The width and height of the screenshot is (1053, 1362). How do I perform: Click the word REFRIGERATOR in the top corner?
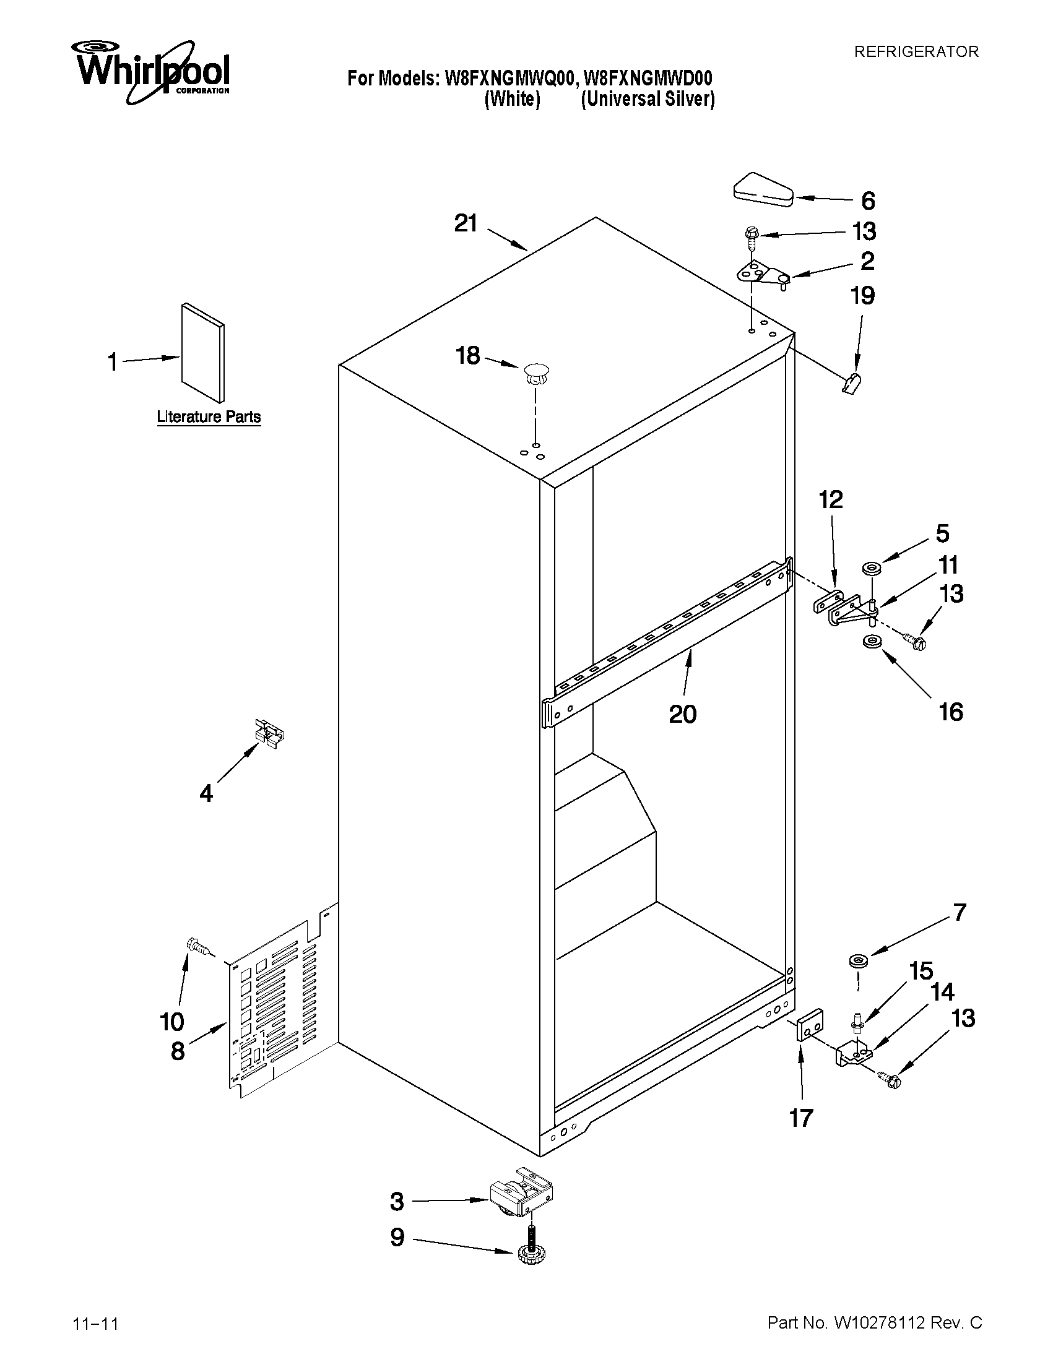point(916,52)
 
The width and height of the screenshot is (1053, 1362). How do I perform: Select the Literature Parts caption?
point(209,416)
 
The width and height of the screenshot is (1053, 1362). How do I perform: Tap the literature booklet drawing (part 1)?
point(202,353)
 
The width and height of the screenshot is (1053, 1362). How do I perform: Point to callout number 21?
point(466,223)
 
